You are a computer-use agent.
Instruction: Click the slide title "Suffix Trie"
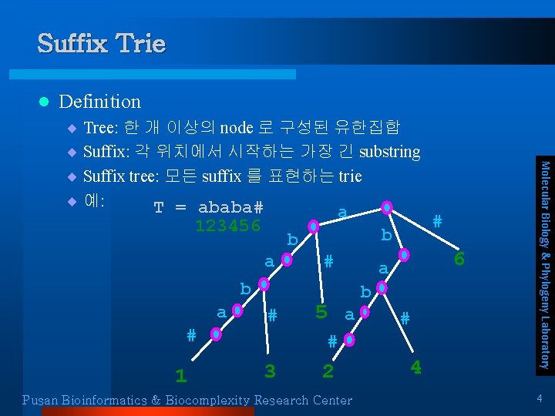pyautogui.click(x=101, y=43)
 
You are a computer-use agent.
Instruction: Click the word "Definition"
pyautogui.click(x=99, y=102)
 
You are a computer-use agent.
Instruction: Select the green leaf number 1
pyautogui.click(x=180, y=376)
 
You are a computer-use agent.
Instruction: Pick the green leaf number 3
pyautogui.click(x=270, y=371)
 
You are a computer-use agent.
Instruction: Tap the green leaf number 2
pyautogui.click(x=328, y=371)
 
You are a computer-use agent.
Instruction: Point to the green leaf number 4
pyautogui.click(x=415, y=367)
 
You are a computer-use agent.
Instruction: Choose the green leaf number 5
pyautogui.click(x=322, y=312)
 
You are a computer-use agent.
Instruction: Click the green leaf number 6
pyautogui.click(x=459, y=259)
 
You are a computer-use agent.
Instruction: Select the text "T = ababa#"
pyautogui.click(x=209, y=208)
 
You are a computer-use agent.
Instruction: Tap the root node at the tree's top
pyautogui.click(x=386, y=207)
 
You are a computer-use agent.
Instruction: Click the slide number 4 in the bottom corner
pyautogui.click(x=540, y=398)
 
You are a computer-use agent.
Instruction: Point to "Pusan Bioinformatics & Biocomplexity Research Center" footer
pyautogui.click(x=187, y=400)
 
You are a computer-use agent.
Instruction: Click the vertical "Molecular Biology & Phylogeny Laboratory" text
pyautogui.click(x=543, y=263)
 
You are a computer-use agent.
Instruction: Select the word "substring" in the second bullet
pyautogui.click(x=389, y=152)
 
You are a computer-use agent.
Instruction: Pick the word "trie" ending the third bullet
pyautogui.click(x=350, y=176)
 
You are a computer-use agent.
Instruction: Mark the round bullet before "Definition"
pyautogui.click(x=44, y=102)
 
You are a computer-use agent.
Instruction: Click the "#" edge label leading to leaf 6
pyautogui.click(x=437, y=221)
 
